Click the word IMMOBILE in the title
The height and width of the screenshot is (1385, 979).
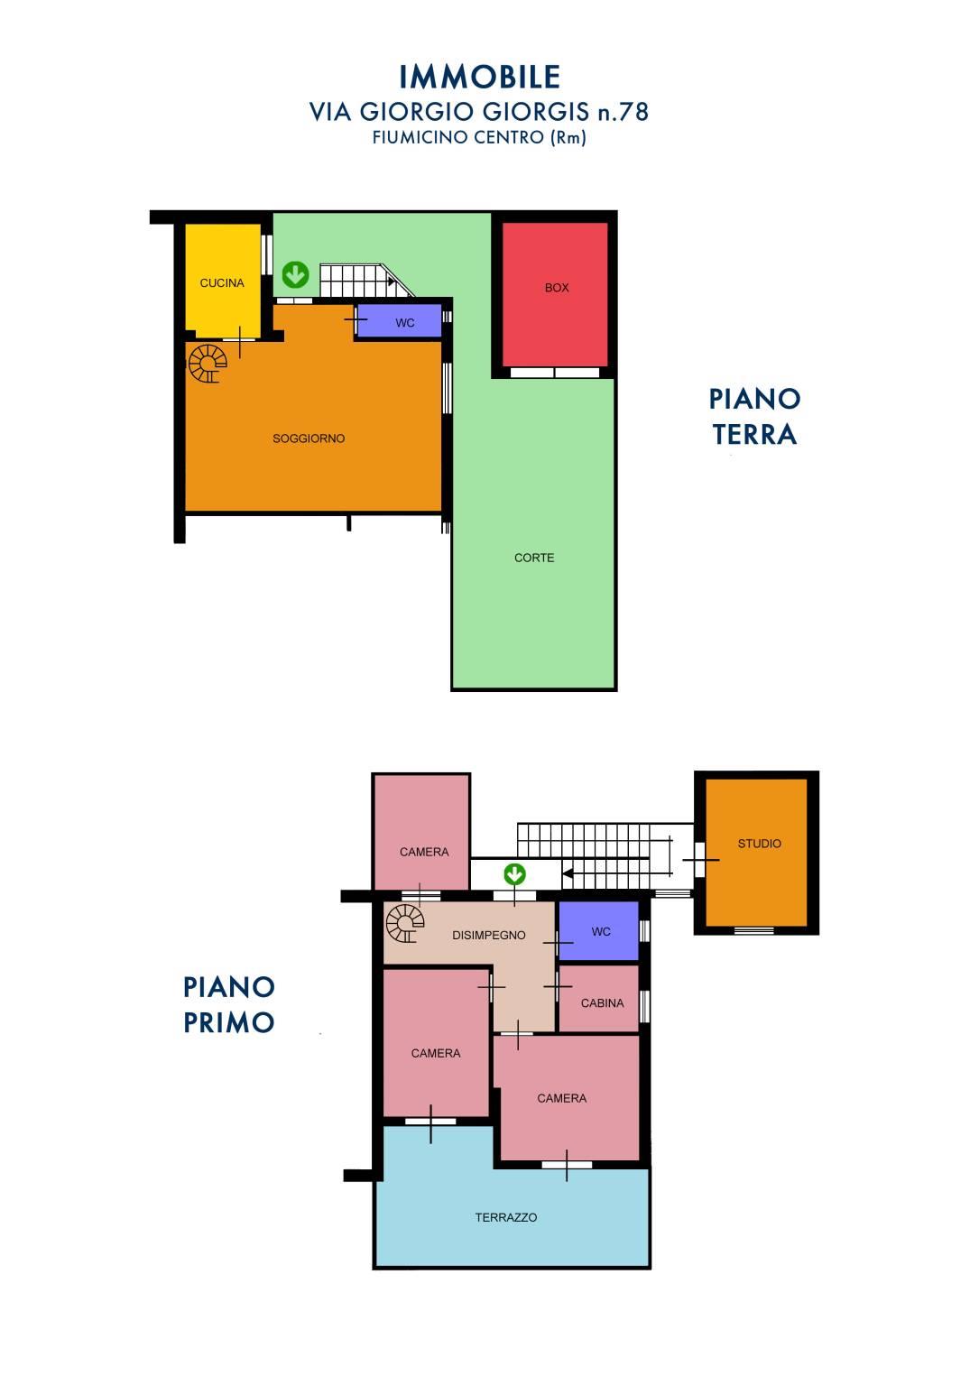pyautogui.click(x=479, y=78)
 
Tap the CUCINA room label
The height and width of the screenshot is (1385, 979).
pyautogui.click(x=222, y=283)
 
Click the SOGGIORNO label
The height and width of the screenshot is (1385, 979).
pyautogui.click(x=309, y=439)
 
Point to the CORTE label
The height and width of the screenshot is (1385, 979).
pyautogui.click(x=534, y=558)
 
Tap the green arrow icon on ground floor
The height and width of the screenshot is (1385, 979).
pyautogui.click(x=296, y=274)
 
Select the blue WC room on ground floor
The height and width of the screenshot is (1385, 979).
pyautogui.click(x=400, y=321)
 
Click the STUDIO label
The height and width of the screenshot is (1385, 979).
pyautogui.click(x=760, y=844)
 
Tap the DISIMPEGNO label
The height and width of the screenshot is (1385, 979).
pyautogui.click(x=488, y=936)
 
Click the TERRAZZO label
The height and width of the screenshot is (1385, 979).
pyautogui.click(x=506, y=1217)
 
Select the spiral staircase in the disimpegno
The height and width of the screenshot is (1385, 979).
pyautogui.click(x=404, y=923)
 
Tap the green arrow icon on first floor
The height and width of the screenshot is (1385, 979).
pyautogui.click(x=514, y=874)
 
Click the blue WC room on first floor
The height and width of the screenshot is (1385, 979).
pyautogui.click(x=598, y=931)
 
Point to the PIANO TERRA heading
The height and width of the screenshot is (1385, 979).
pyautogui.click(x=754, y=417)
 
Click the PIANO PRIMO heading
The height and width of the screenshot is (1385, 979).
pyautogui.click(x=229, y=1005)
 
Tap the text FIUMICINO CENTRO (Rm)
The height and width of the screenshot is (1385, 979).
pyautogui.click(x=479, y=137)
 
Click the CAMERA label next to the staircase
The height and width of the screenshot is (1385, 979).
pyautogui.click(x=424, y=852)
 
